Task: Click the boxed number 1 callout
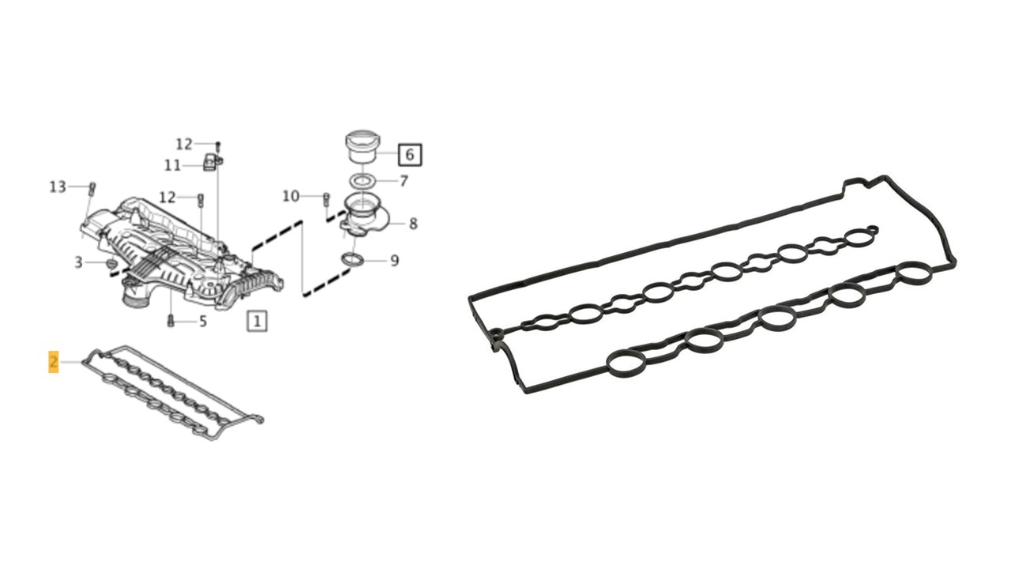257,321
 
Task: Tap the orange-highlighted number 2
54,362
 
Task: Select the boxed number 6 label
409,154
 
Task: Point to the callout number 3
78,262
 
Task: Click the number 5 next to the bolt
203,321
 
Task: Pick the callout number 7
404,181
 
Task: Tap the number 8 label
413,224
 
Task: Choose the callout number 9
394,261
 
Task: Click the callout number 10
291,196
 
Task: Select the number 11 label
172,165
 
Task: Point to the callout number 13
58,187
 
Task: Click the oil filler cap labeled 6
363,147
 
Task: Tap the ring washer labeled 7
362,181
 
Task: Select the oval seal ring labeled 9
352,260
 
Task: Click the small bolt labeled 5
171,321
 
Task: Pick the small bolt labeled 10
326,199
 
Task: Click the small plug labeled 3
111,263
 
